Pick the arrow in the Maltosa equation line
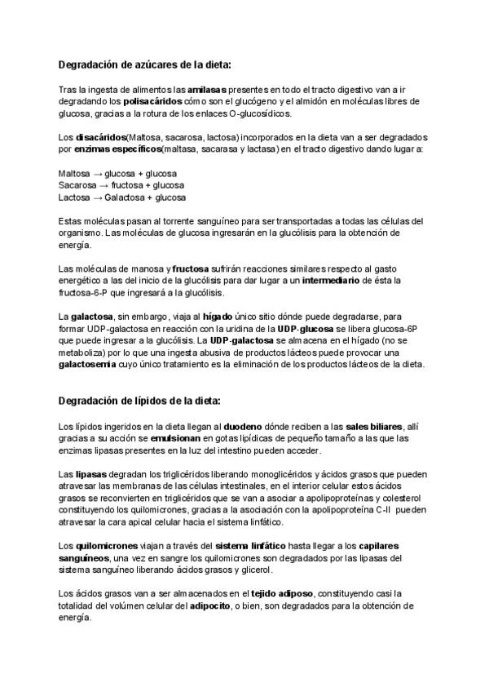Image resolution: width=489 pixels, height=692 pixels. [x=96, y=174]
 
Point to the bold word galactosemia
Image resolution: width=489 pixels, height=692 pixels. [x=90, y=365]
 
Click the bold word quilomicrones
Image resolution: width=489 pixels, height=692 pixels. [x=105, y=546]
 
